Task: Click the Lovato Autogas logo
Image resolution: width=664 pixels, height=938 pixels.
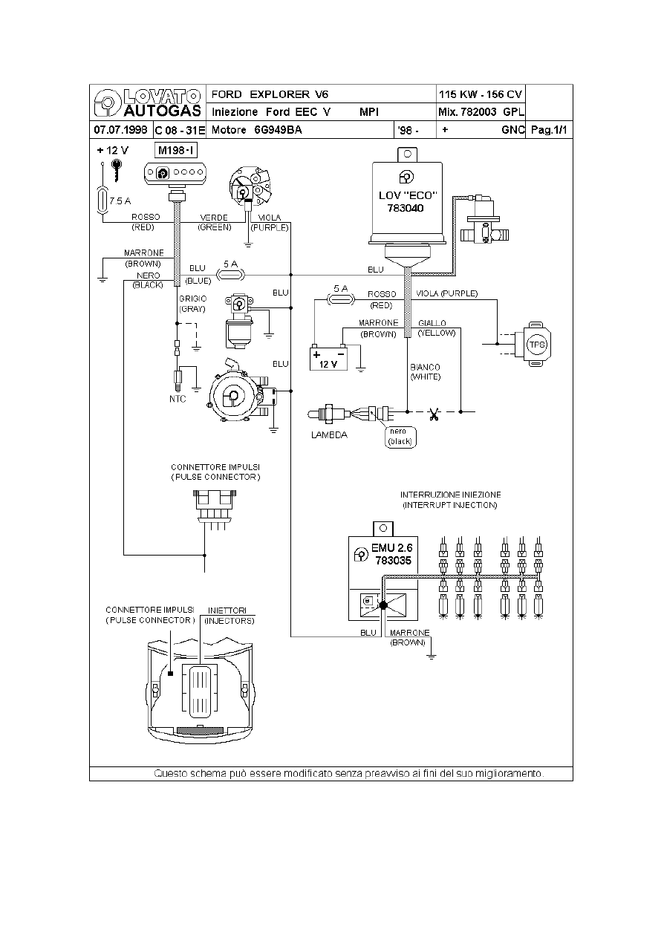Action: pos(146,102)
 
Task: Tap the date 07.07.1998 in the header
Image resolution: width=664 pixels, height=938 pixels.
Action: pos(120,130)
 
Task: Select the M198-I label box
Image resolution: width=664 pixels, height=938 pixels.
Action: pos(176,151)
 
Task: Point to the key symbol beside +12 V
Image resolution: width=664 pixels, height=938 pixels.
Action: pos(116,172)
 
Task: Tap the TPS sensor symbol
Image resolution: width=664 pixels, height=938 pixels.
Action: pos(536,344)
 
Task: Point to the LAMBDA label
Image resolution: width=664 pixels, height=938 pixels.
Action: pos(329,435)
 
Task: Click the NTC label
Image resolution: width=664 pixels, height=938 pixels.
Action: pos(178,399)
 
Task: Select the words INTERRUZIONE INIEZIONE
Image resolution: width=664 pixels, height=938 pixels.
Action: pos(450,495)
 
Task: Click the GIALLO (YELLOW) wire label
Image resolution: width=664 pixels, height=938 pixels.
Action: pos(432,328)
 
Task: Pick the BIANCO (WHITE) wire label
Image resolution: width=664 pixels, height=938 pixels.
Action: pos(426,372)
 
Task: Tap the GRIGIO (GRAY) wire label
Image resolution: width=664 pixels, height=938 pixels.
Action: pos(192,304)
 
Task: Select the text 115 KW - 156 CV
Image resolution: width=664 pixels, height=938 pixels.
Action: pos(481,94)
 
